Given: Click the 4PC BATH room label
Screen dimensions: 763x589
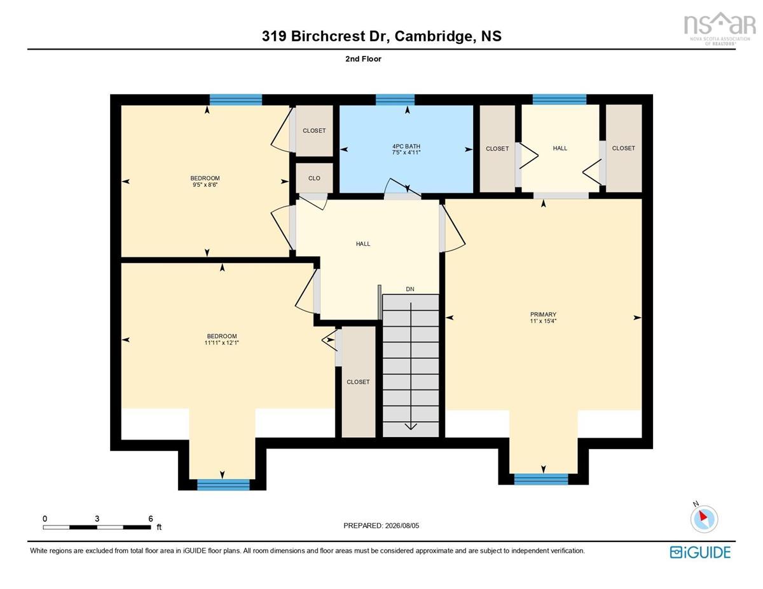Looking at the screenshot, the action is [x=406, y=146].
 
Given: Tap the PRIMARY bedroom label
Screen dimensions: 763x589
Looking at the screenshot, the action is [x=543, y=315].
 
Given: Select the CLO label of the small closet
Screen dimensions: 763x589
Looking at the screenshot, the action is [x=314, y=178].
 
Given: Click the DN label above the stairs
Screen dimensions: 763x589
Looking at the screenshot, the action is [x=409, y=289].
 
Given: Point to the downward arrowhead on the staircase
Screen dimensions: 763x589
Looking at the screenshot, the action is [x=411, y=426].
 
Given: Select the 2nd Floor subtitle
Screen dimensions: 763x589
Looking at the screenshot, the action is [x=363, y=59].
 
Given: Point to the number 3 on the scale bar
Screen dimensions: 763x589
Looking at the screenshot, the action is [x=97, y=518].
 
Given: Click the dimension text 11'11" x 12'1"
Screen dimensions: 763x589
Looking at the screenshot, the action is [x=221, y=342].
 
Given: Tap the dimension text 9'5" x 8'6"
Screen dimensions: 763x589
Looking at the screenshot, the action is [x=205, y=184].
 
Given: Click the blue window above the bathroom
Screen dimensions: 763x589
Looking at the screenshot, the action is [x=395, y=100].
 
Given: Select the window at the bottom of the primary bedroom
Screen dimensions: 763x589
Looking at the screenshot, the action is [x=540, y=479].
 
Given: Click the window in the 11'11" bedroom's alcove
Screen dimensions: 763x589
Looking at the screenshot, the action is [x=223, y=485].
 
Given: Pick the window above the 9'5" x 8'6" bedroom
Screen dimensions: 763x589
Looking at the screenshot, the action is [x=236, y=100].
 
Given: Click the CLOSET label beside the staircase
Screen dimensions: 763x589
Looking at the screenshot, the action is [x=358, y=382].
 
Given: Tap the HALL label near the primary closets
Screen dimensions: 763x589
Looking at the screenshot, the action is [x=560, y=148].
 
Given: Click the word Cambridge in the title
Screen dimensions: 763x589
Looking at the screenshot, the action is [x=433, y=36].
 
